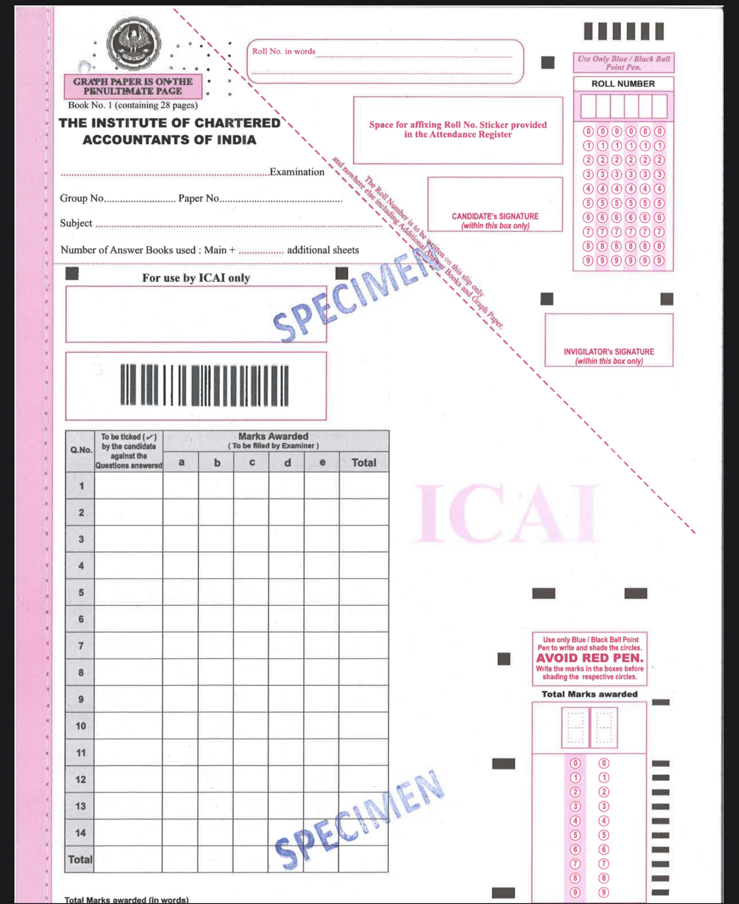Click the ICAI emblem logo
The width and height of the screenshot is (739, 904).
click(x=133, y=44)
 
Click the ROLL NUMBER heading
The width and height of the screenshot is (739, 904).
click(x=623, y=84)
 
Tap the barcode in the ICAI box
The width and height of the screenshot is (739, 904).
click(x=204, y=385)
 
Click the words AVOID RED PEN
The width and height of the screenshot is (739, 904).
click(x=589, y=658)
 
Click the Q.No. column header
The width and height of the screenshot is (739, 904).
click(x=81, y=450)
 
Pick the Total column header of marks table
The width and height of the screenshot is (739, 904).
click(x=364, y=463)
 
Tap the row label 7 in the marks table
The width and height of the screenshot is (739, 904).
click(x=81, y=646)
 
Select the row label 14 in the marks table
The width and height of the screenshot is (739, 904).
click(x=80, y=833)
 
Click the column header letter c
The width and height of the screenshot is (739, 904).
click(x=252, y=463)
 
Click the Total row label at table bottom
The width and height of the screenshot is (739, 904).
click(x=80, y=859)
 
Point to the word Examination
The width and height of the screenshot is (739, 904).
click(x=297, y=172)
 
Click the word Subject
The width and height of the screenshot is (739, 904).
click(x=76, y=223)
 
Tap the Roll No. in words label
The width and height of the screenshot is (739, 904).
click(x=283, y=51)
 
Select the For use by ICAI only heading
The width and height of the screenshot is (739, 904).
click(x=196, y=278)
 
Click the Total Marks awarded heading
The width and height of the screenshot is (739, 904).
click(x=589, y=694)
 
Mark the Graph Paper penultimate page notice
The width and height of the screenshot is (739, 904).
click(x=133, y=86)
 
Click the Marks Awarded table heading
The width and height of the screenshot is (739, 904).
click(x=273, y=436)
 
